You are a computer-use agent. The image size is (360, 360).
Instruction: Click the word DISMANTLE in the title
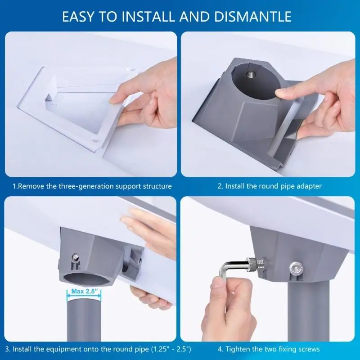(253, 17)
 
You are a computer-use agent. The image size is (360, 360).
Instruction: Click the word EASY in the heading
(78, 17)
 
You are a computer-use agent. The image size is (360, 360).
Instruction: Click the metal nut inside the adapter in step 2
(251, 75)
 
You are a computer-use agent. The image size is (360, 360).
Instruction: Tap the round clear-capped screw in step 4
(296, 267)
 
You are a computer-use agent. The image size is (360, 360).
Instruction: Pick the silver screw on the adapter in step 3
(75, 257)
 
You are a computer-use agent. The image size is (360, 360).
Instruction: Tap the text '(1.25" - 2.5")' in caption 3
(171, 349)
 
